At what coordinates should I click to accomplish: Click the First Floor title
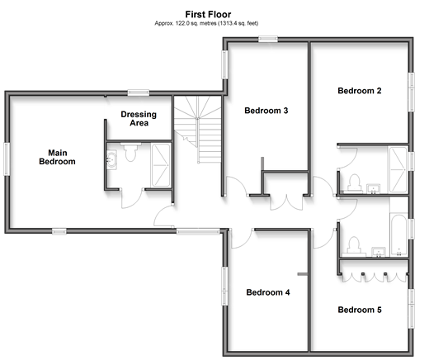pos(208,14)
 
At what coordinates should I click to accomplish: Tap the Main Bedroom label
pos(57,157)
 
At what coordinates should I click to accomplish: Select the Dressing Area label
pos(139,118)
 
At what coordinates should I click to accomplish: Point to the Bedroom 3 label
pos(266,111)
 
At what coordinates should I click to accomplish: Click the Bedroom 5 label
pos(360,310)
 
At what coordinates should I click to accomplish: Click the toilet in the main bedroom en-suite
pos(130,152)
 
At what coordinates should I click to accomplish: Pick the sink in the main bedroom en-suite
pos(111,159)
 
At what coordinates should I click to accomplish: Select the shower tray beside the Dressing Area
pos(161,165)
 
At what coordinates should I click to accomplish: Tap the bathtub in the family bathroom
pos(398,235)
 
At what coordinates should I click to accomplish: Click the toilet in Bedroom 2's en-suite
pos(354,183)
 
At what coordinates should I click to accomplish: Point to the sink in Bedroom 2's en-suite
pos(374,189)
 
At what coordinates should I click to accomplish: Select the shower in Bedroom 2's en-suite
pos(398,169)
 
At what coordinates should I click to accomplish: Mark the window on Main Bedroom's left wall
pos(7,159)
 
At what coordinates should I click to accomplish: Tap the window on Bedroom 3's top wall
pos(268,39)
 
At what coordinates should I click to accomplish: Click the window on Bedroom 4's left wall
pos(224,286)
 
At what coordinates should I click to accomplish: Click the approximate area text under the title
pos(206,23)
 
